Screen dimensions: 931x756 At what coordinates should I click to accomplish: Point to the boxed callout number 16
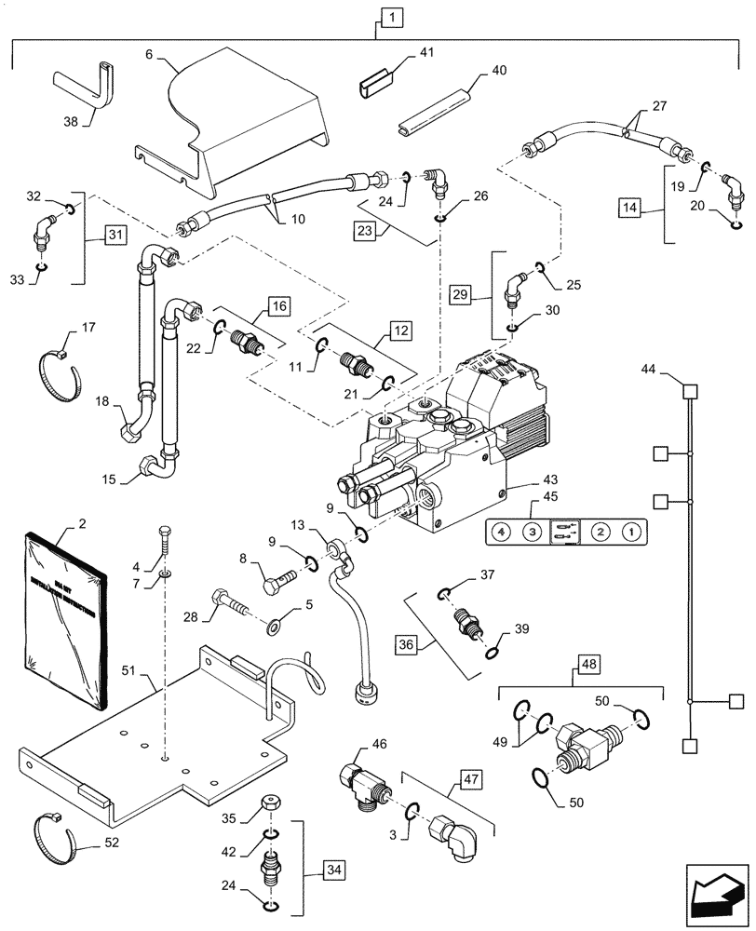point(279,304)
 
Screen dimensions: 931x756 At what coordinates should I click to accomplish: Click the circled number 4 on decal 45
point(502,533)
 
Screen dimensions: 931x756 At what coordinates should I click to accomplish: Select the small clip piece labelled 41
point(374,88)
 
